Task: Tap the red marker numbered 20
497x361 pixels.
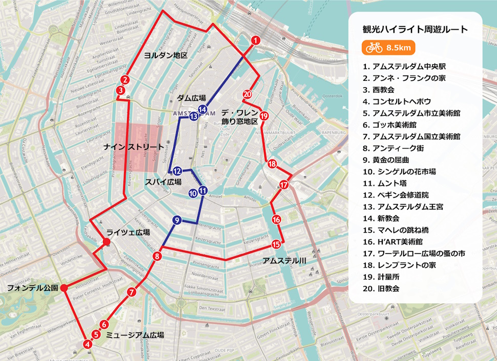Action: [x=247, y=94]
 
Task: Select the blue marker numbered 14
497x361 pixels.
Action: [x=203, y=109]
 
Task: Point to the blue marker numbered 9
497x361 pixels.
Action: [x=177, y=220]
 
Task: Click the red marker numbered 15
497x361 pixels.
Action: [x=277, y=244]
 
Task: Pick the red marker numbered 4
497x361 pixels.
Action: [x=88, y=344]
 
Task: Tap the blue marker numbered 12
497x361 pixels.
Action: [x=177, y=171]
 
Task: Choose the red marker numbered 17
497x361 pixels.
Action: [x=284, y=185]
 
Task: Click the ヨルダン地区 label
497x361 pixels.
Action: [x=165, y=55]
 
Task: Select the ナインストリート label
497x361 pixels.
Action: [x=134, y=147]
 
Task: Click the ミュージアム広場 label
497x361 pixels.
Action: [x=135, y=335]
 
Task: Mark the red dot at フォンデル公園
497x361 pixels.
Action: [x=64, y=288]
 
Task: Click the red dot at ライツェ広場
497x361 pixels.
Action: [x=108, y=242]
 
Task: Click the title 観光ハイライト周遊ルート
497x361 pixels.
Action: [x=415, y=29]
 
